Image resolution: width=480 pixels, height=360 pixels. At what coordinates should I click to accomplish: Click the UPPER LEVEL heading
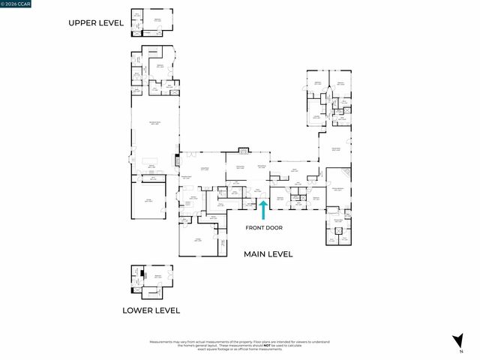(x=96, y=23)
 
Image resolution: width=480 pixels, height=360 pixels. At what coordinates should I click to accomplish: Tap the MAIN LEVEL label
(x=268, y=254)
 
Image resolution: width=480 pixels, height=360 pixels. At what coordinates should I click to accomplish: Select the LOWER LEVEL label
(x=151, y=310)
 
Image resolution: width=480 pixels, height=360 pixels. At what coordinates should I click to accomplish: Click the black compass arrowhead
(x=457, y=339)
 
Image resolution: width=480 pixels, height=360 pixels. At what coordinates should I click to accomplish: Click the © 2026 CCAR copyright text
(x=16, y=3)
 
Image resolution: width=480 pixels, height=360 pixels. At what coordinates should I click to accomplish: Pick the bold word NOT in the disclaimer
(x=246, y=345)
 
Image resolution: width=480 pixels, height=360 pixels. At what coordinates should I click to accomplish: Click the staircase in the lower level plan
(x=136, y=278)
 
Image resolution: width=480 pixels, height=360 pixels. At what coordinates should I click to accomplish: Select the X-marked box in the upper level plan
(x=148, y=31)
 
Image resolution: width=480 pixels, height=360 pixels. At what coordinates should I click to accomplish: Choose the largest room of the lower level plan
(x=158, y=277)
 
